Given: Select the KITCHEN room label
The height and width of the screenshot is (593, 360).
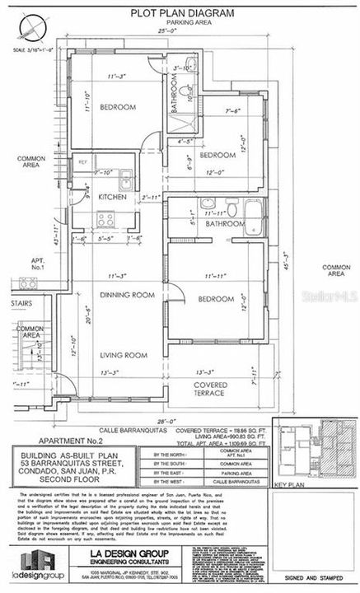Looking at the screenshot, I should [x=112, y=198].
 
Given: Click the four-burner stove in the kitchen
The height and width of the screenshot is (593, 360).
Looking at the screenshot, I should [x=106, y=219].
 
